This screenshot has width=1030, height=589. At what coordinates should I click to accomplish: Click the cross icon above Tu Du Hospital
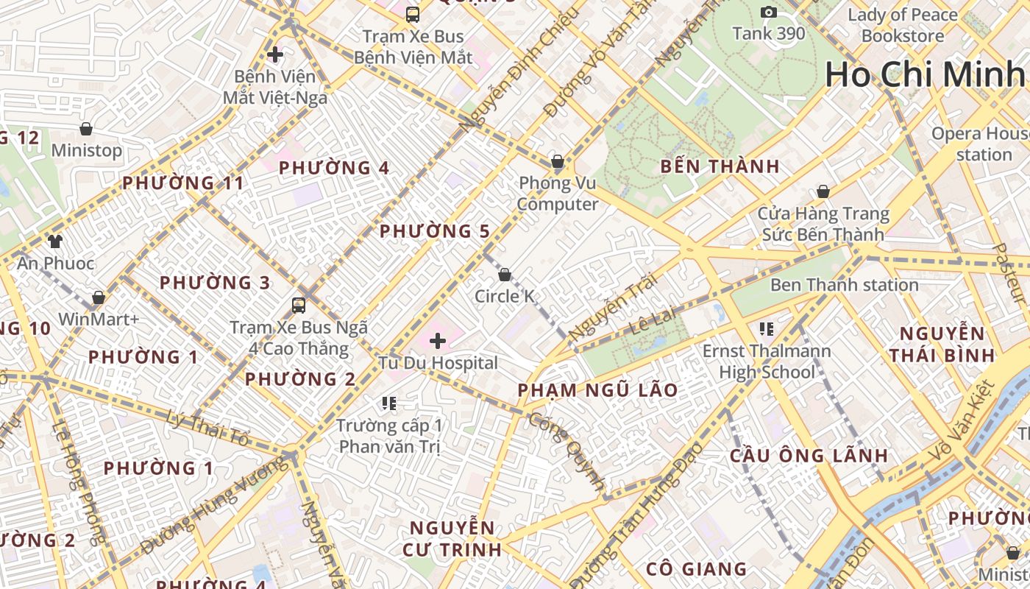tap(438, 341)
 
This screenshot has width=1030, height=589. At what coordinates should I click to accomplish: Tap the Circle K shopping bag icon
tap(505, 275)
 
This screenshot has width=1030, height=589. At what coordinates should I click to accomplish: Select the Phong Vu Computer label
tap(558, 194)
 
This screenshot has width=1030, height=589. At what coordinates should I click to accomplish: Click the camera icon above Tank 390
tap(769, 12)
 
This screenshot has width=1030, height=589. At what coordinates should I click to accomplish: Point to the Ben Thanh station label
tap(844, 285)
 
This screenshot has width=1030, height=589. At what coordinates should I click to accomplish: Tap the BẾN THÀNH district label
tap(720, 166)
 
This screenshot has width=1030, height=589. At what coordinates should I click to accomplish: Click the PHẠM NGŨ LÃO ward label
tap(597, 391)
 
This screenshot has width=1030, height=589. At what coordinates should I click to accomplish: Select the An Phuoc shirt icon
tap(55, 241)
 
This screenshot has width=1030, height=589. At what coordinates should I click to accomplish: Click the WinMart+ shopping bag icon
tap(98, 297)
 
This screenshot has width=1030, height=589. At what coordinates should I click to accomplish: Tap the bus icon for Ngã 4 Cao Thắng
tap(299, 305)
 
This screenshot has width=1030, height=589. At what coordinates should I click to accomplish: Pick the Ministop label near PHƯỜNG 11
tap(87, 150)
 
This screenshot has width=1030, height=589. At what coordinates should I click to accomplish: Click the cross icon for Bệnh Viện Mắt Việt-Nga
tap(275, 54)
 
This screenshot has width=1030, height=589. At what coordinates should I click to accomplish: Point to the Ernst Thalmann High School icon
tap(767, 328)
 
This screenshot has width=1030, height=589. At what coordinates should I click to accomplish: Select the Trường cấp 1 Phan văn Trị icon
tap(389, 403)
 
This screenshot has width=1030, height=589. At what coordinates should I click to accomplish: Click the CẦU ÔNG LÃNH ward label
tap(809, 456)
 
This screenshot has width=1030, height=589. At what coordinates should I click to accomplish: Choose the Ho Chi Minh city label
tap(925, 75)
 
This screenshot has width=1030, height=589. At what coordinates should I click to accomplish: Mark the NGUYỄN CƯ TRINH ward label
tap(452, 538)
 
